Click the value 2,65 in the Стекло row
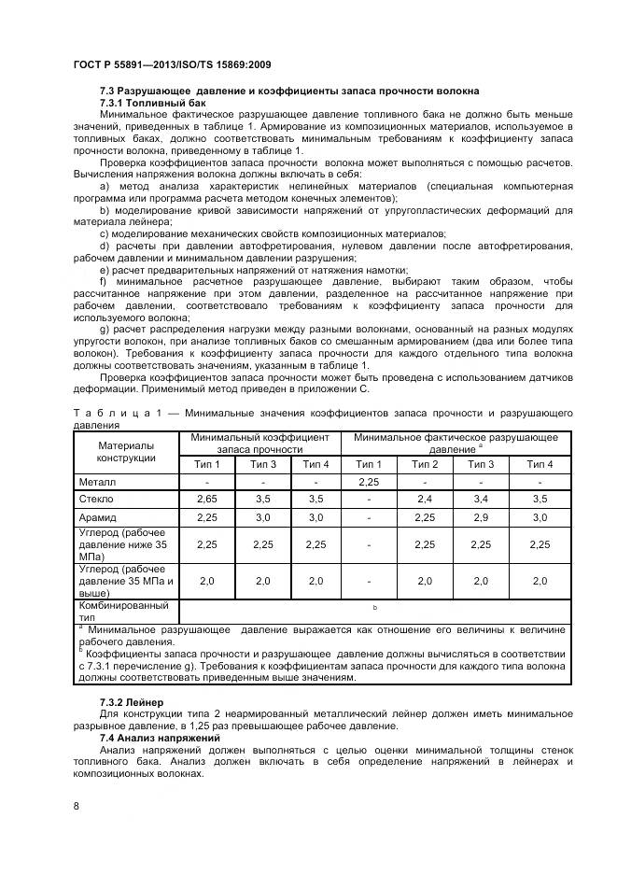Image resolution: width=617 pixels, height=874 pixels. pos(206,500)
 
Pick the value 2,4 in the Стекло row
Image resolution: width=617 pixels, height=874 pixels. pos(425,500)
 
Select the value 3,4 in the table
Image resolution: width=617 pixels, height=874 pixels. pos(481,500)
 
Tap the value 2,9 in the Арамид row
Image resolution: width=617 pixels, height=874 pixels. pos(481,517)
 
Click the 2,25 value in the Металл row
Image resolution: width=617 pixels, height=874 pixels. pos(369,482)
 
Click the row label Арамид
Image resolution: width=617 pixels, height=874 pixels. pos(100,517)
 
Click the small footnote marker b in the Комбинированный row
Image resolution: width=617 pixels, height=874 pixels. pos(374,609)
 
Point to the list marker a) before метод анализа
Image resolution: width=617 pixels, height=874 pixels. pos(104,187)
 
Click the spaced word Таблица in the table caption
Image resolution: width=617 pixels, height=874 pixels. pos(106,412)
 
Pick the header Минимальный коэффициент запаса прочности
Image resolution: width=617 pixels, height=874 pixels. pos(259,443)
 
